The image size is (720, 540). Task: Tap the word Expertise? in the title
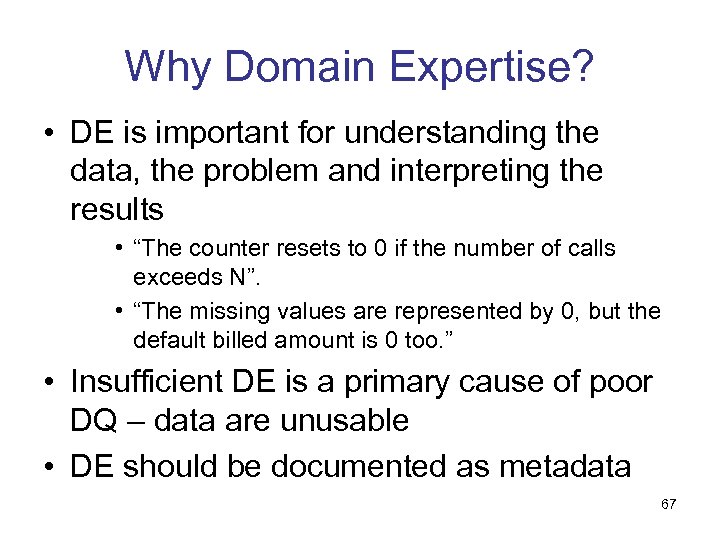pyautogui.click(x=490, y=68)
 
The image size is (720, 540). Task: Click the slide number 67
pyautogui.click(x=668, y=504)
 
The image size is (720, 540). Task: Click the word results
pyautogui.click(x=116, y=209)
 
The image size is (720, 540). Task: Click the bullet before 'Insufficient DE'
pyautogui.click(x=50, y=383)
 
